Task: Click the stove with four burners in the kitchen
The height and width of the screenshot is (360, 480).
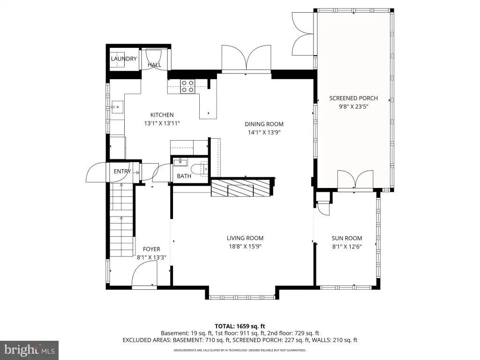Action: [x=187, y=86]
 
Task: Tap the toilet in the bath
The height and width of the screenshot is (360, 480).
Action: [x=199, y=169]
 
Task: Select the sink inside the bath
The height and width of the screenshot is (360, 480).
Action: [x=180, y=162]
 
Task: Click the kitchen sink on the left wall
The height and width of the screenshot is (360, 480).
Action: [x=117, y=107]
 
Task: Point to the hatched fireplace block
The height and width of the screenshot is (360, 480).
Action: [x=240, y=188]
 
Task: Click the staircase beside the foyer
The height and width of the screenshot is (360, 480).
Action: [x=122, y=219]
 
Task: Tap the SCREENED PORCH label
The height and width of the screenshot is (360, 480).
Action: [x=353, y=98]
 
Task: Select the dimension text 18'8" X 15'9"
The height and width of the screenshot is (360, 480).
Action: [x=245, y=247]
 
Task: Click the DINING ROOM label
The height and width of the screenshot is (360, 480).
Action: [x=264, y=124]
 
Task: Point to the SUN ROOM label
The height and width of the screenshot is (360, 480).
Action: [x=347, y=238]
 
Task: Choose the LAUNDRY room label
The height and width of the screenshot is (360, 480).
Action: [x=124, y=59]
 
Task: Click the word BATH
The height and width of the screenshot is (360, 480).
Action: [x=184, y=176]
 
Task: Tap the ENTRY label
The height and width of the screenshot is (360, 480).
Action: [x=122, y=172]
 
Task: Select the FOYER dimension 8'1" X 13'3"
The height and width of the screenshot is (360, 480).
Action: [x=151, y=257]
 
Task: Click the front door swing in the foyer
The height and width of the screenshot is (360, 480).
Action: [x=144, y=276]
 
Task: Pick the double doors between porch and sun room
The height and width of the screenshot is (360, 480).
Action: [x=355, y=180]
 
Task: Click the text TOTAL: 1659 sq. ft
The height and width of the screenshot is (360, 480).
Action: [x=240, y=326]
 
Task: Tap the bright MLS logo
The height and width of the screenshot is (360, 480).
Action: [x=29, y=350]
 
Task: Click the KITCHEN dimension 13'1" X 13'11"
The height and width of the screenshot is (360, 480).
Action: [x=162, y=123]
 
